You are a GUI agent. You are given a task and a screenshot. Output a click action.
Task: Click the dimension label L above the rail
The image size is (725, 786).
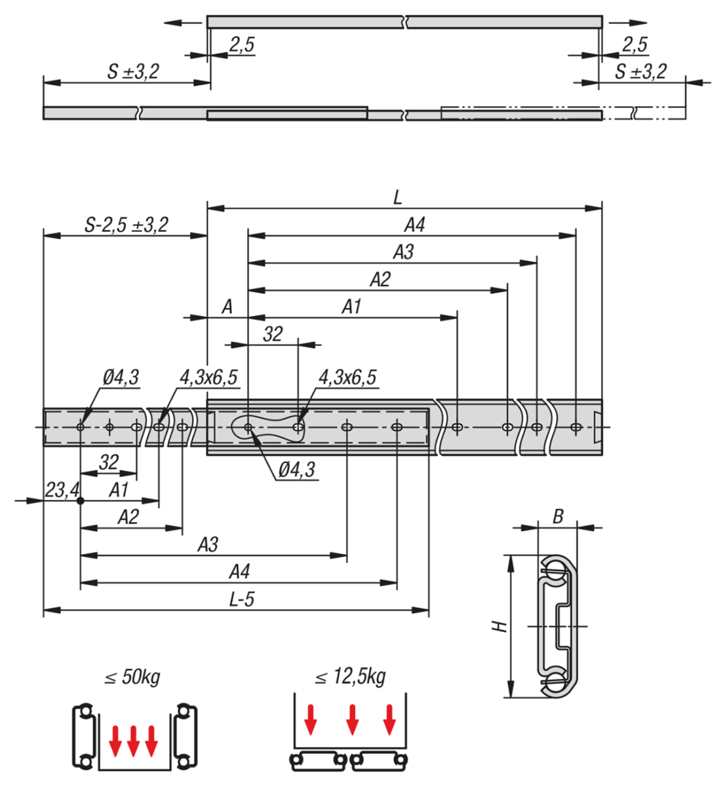point(398,197)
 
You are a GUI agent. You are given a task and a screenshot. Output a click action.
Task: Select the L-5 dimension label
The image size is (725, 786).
point(241,599)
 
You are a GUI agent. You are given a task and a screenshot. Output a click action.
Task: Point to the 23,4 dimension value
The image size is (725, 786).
point(62,489)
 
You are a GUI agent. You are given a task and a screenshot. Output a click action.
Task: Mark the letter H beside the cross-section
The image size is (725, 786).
point(501,626)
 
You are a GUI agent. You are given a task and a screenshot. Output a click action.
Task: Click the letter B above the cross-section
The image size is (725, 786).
point(558,517)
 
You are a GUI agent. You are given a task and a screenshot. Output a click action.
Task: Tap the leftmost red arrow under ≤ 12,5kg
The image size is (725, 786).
point(311,719)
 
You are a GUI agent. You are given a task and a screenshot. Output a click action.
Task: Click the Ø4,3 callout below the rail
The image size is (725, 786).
point(296,470)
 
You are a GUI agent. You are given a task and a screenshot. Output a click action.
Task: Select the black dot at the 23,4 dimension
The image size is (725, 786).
point(80,501)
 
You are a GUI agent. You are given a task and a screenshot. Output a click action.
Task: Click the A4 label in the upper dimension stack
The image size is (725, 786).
point(414,225)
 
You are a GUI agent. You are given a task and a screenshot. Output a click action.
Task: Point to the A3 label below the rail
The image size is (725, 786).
point(208,545)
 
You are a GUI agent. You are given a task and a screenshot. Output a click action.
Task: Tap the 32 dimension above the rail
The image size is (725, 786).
point(273,334)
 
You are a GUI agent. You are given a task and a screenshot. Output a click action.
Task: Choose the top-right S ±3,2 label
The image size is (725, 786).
point(640,71)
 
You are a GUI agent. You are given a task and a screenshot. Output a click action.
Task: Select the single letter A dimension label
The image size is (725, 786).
point(227,307)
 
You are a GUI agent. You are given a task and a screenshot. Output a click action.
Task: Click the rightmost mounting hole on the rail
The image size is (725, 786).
point(576,427)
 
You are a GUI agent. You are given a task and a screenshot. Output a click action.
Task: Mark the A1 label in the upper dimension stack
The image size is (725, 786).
point(351,307)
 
